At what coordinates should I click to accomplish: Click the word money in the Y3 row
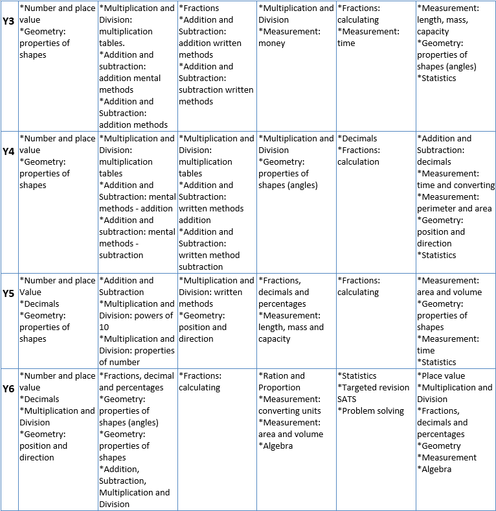tap(272, 43)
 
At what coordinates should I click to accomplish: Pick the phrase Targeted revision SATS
tap(374, 393)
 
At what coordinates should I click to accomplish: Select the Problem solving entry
tap(372, 410)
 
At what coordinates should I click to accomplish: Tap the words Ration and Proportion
tap(281, 381)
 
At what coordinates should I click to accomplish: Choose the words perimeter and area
tap(454, 208)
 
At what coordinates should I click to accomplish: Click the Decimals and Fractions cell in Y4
tap(359, 150)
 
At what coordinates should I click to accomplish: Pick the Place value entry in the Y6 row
tap(442, 375)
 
